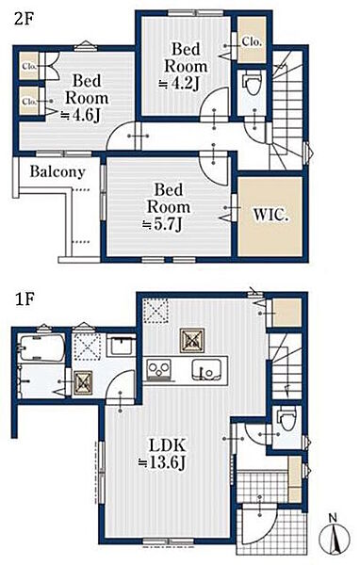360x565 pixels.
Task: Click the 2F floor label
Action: pos(24,19)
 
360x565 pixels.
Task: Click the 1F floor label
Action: pos(24,299)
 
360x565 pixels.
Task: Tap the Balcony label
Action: pos(57,172)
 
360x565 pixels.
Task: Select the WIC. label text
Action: pos(270,215)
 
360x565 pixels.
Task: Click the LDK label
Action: pos(168,445)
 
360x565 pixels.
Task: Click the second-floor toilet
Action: pos(253,84)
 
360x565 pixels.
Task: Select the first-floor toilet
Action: pos(287,418)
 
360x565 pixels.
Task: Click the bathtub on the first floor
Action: pos(41,347)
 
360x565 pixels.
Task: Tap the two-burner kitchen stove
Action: pos(158,370)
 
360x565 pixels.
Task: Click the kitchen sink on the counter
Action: pos(207,370)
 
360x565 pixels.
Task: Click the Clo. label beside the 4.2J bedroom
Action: pos(252,41)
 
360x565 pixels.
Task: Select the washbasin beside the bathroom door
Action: pos(122,346)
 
